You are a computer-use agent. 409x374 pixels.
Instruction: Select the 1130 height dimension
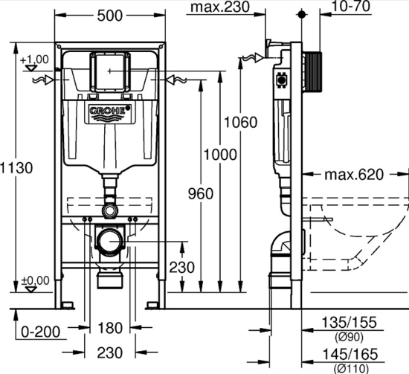pos(16,168)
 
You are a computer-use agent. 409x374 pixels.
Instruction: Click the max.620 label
pos(353,175)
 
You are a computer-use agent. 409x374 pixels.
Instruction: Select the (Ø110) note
pos(350,367)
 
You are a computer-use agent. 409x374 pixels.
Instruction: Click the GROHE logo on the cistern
pos(109,112)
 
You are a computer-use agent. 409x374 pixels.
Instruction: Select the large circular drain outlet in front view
pos(110,242)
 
